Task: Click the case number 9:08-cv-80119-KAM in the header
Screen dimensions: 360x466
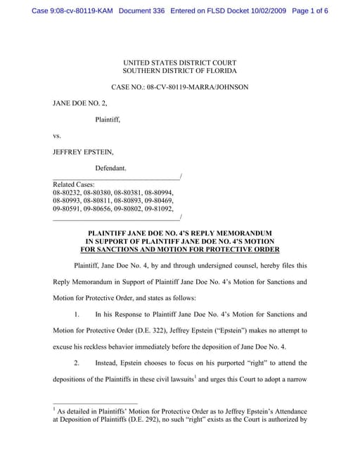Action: (77, 11)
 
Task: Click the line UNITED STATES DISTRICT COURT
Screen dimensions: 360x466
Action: (179, 63)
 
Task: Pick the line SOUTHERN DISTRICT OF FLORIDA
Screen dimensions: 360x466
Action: (179, 71)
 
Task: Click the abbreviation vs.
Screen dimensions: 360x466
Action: (57, 136)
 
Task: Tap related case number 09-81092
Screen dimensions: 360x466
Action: (163, 208)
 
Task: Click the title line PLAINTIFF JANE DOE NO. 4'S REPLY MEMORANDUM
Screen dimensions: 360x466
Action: (179, 233)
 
